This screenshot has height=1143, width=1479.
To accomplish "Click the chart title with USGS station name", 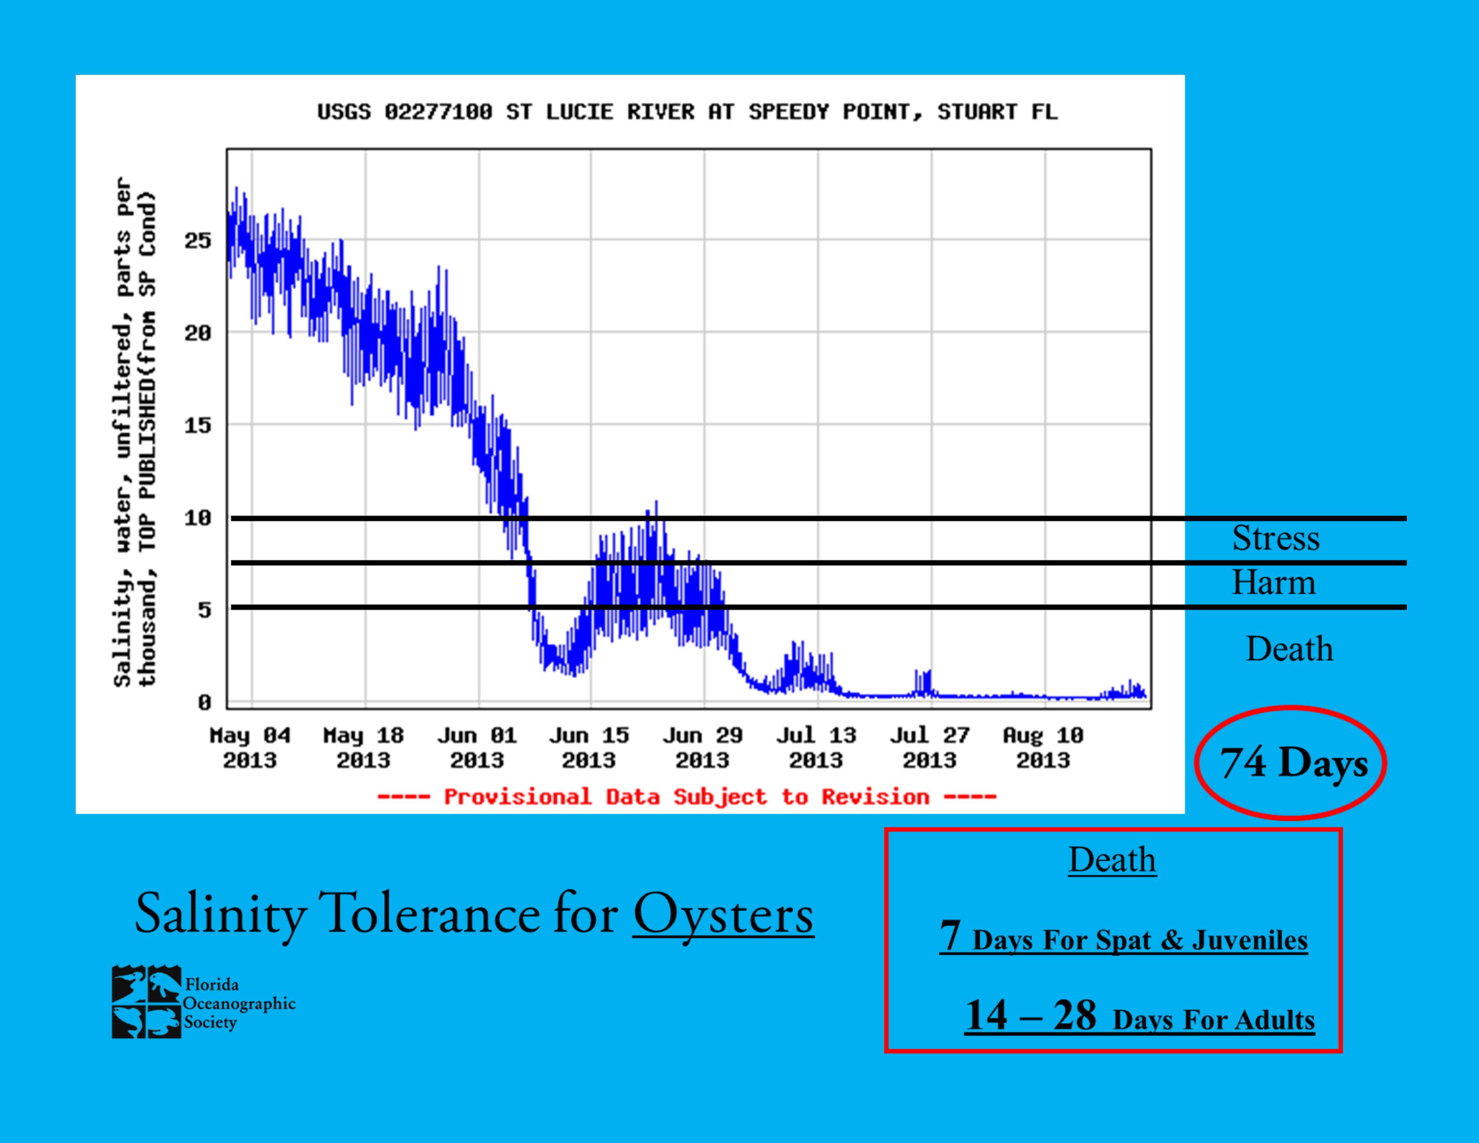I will coord(687,112).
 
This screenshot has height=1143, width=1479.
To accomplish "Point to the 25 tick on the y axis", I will coord(198,240).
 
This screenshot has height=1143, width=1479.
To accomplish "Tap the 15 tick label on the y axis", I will coord(198,425).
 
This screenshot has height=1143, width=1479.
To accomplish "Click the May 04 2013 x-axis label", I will coord(250,748).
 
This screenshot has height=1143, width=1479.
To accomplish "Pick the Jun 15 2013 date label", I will coord(589,748).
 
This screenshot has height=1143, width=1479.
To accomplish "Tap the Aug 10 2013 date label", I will coord(1043,748).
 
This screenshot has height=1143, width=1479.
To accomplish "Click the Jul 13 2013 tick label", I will coord(816,748).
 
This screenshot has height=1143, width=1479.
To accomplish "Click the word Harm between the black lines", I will coord(1273,582).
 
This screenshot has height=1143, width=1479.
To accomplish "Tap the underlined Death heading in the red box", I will coord(1112,860).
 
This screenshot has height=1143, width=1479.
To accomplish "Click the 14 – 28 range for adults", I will coord(1030,1016).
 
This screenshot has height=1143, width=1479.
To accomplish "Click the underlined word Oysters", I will coord(723,914).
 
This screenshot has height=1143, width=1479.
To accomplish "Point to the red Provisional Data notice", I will coord(687,797).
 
